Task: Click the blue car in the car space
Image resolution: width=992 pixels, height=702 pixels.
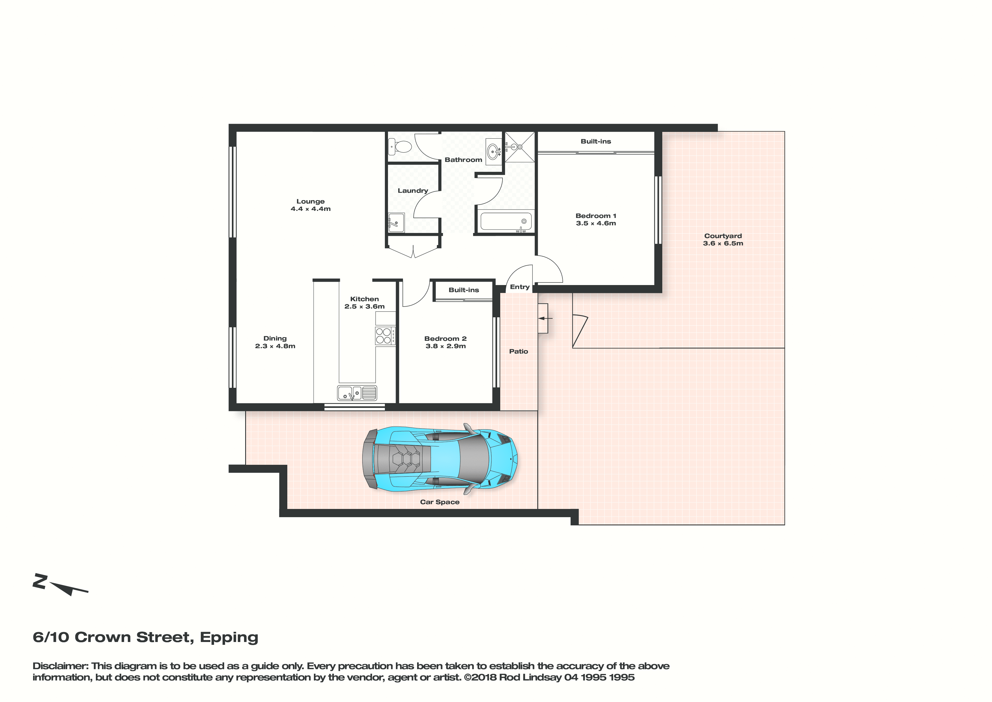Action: pyautogui.click(x=440, y=459)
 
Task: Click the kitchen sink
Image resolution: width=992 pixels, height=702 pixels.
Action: pyautogui.click(x=357, y=393)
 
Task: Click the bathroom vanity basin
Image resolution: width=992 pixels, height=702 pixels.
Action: pyautogui.click(x=493, y=151)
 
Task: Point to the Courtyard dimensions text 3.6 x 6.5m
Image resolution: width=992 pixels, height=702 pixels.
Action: pyautogui.click(x=723, y=243)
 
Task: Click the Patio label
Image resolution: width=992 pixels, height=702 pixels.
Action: pyautogui.click(x=518, y=351)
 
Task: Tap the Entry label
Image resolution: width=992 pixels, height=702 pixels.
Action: pyautogui.click(x=519, y=287)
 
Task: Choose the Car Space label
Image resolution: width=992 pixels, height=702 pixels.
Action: pyautogui.click(x=440, y=502)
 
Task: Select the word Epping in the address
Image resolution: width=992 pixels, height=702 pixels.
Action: pyautogui.click(x=229, y=637)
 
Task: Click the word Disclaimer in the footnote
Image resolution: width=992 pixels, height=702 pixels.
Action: pyautogui.click(x=61, y=666)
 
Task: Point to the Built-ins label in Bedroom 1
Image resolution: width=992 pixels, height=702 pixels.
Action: pyautogui.click(x=596, y=142)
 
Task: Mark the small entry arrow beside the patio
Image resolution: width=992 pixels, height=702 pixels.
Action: pyautogui.click(x=545, y=318)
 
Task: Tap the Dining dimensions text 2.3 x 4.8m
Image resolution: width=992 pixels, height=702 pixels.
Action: pyautogui.click(x=275, y=346)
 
